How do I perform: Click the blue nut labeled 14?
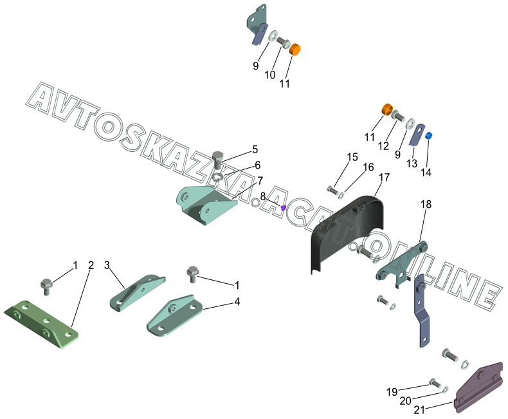(x=429, y=135)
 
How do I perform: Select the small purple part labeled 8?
(x=283, y=207)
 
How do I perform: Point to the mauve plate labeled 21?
(x=479, y=386)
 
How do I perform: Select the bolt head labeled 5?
(x=218, y=158)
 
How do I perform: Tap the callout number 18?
(x=426, y=204)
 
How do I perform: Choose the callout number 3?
(x=107, y=265)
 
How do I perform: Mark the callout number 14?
(x=426, y=172)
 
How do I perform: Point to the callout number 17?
(x=384, y=177)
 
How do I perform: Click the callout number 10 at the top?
(x=270, y=75)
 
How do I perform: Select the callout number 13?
(x=412, y=163)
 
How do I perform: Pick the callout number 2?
(x=91, y=265)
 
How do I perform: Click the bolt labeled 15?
(x=332, y=189)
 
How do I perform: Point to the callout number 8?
(x=262, y=196)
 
